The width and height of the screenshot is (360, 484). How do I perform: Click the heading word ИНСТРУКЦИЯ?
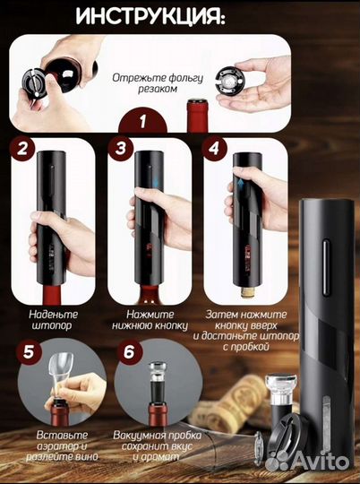[150, 16]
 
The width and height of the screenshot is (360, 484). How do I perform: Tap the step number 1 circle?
[142, 121]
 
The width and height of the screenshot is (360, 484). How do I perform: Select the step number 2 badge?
[21, 149]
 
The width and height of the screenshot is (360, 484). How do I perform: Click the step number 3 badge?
[121, 148]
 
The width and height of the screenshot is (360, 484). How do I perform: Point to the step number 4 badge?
[214, 148]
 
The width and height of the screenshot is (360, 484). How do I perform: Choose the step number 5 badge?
[29, 352]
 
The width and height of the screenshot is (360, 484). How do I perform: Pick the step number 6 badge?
[129, 352]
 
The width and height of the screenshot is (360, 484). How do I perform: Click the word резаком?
[158, 89]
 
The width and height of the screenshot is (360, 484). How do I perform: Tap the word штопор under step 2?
[52, 326]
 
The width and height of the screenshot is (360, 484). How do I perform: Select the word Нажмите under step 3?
[150, 315]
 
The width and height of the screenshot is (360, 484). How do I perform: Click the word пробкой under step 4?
[246, 347]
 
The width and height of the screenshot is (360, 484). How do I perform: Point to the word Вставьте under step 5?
[62, 435]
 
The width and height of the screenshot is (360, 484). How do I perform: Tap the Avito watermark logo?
[307, 462]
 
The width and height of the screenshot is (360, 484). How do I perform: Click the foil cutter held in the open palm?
[230, 81]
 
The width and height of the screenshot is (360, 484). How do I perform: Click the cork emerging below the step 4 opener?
[248, 292]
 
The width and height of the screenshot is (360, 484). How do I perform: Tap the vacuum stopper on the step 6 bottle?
[158, 383]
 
